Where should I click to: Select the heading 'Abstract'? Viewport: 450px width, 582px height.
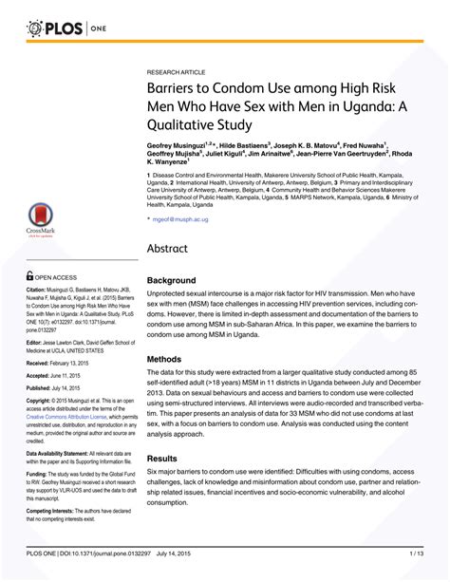pyautogui.click(x=175, y=248)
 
